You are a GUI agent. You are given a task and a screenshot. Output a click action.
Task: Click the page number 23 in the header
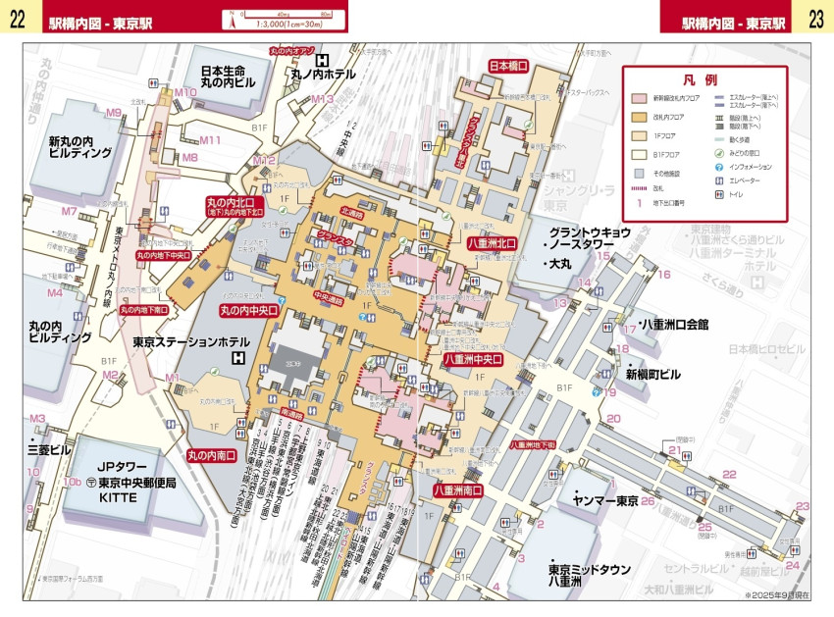816,20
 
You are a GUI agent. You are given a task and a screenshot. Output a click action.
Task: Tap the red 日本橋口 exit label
508,66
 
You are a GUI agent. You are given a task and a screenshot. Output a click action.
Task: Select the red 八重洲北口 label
492,242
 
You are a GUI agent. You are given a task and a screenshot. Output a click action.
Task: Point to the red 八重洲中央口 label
473,359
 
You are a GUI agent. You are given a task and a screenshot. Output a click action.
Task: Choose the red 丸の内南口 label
212,455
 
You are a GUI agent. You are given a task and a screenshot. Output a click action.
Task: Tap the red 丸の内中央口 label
248,310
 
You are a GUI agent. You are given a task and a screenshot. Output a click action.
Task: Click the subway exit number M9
114,113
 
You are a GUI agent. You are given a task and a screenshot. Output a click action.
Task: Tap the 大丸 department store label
560,264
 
